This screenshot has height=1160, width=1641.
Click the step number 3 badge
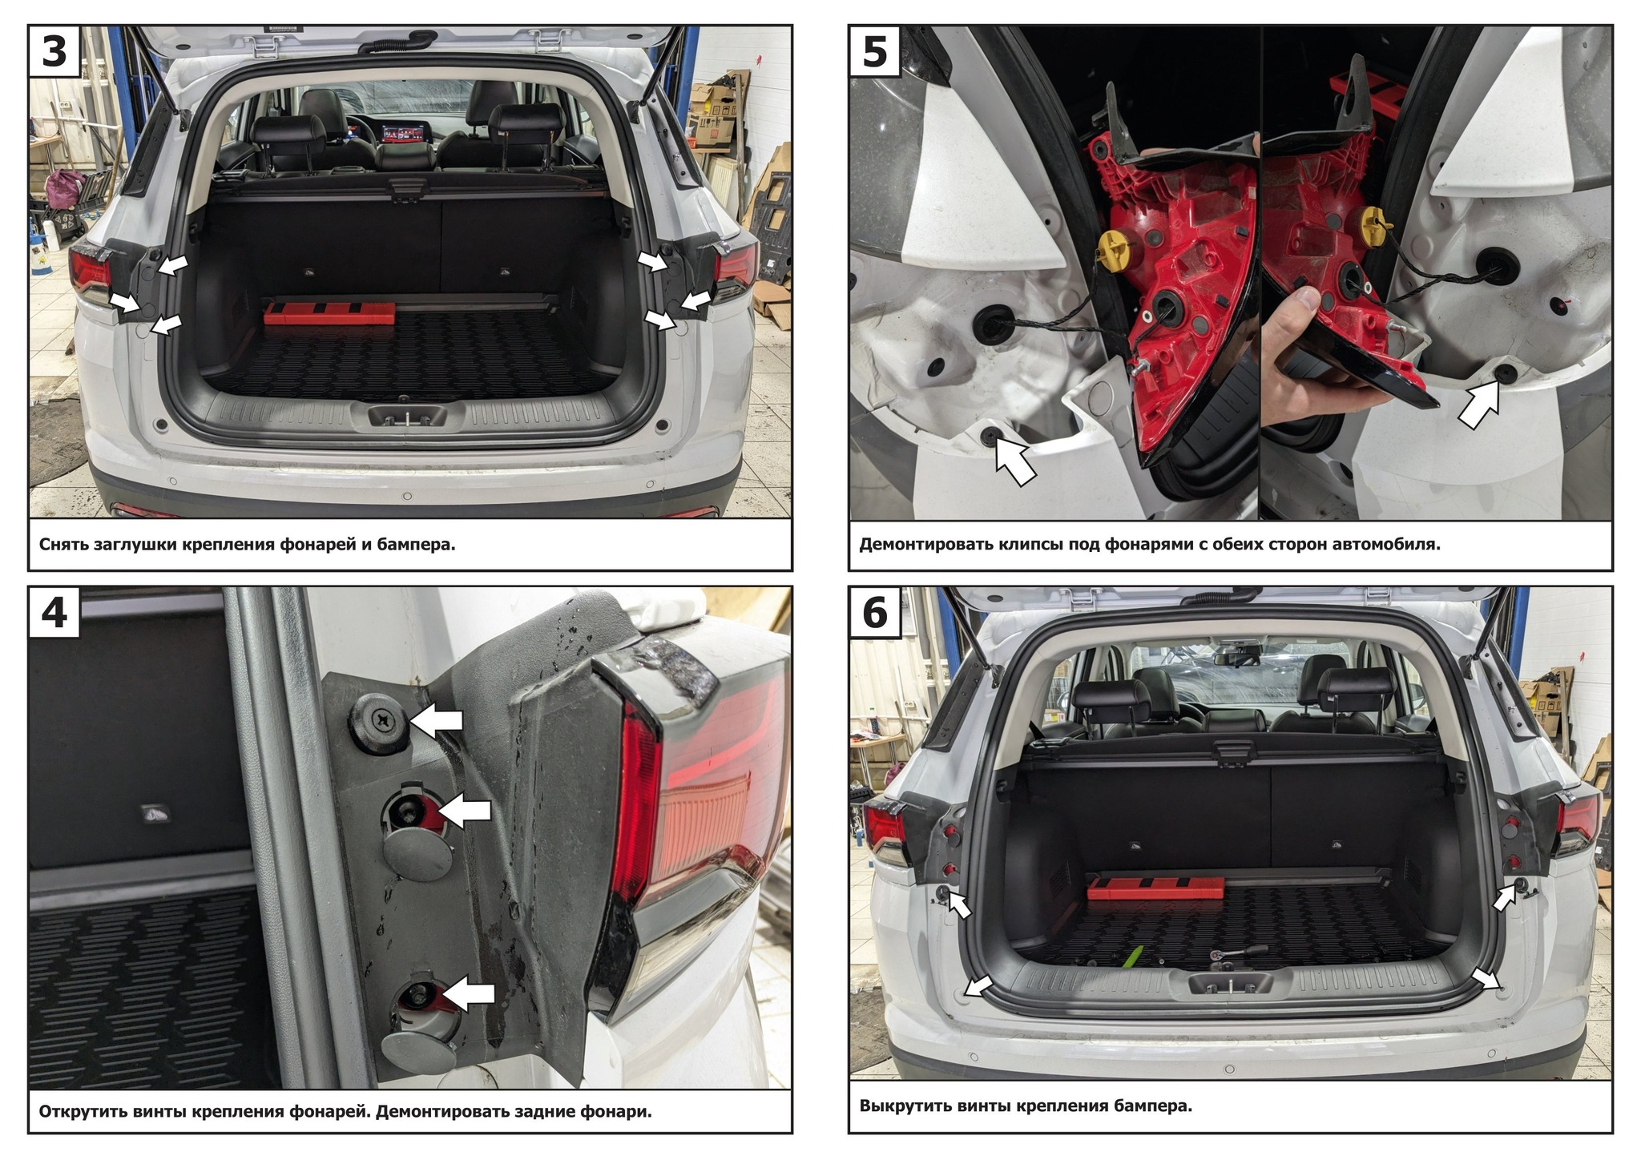tap(54, 51)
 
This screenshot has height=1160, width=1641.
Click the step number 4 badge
tap(54, 613)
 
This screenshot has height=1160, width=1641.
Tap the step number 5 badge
tap(874, 51)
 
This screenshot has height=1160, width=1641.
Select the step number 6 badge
tap(874, 613)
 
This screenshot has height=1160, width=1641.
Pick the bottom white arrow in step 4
tap(469, 993)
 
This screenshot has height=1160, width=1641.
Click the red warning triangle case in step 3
tap(330, 313)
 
